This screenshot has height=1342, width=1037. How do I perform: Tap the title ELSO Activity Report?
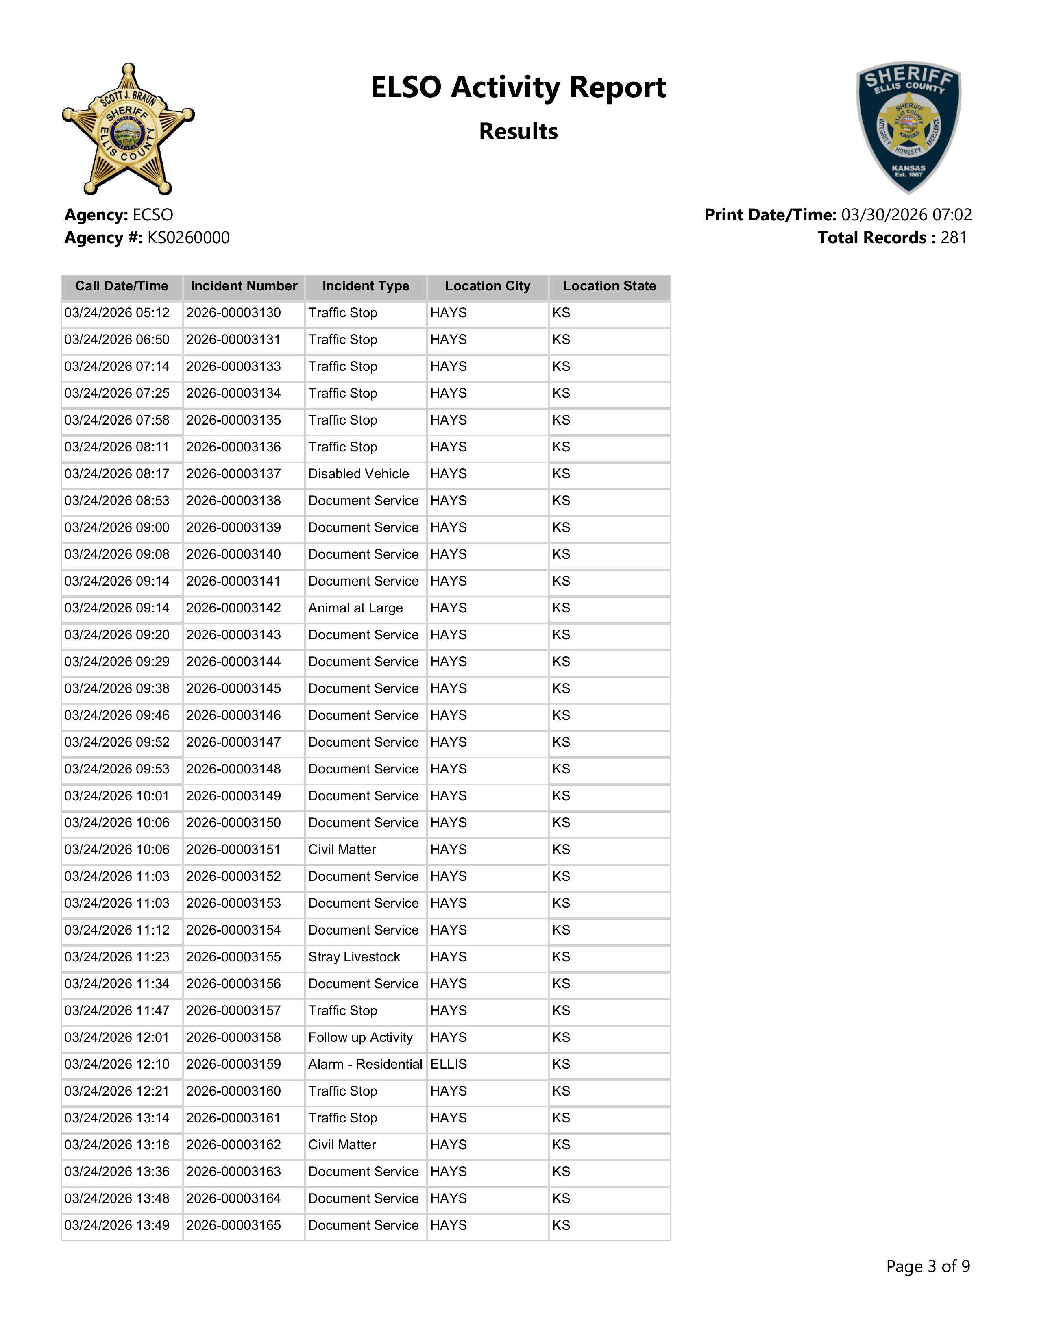pyautogui.click(x=518, y=87)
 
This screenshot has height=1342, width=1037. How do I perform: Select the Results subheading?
pyautogui.click(x=518, y=131)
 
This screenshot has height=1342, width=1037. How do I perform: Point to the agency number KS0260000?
pyautogui.click(x=188, y=238)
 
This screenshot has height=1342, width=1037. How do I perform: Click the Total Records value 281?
pyautogui.click(x=954, y=238)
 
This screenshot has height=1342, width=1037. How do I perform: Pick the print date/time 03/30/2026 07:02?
pyautogui.click(x=906, y=215)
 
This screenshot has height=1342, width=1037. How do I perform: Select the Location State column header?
pyautogui.click(x=610, y=286)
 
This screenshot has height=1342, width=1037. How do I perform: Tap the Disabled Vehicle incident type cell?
pyautogui.click(x=358, y=474)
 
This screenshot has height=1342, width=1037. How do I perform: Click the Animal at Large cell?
pyautogui.click(x=355, y=608)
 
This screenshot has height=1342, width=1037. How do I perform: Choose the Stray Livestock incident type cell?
pyautogui.click(x=354, y=957)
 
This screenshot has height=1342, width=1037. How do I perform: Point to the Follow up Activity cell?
pyautogui.click(x=360, y=1038)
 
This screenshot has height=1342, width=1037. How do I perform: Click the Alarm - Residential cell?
pyautogui.click(x=365, y=1065)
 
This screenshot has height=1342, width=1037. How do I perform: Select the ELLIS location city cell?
pyautogui.click(x=449, y=1065)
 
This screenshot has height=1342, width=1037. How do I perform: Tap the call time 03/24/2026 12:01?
pyautogui.click(x=117, y=1038)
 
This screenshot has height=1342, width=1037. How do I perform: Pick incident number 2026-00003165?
pyautogui.click(x=233, y=1226)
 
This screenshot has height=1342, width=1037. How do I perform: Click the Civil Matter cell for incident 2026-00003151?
pyautogui.click(x=342, y=850)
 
